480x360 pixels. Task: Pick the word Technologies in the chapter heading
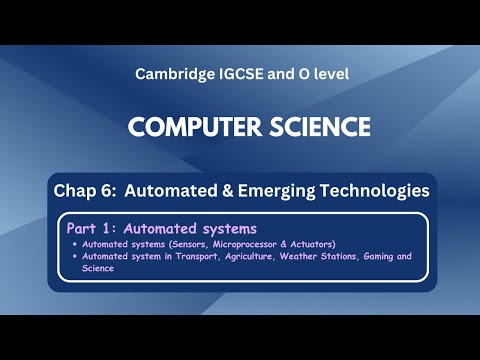(373, 189)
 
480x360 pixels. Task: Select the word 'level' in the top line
(326, 75)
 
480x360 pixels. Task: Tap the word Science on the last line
(97, 268)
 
